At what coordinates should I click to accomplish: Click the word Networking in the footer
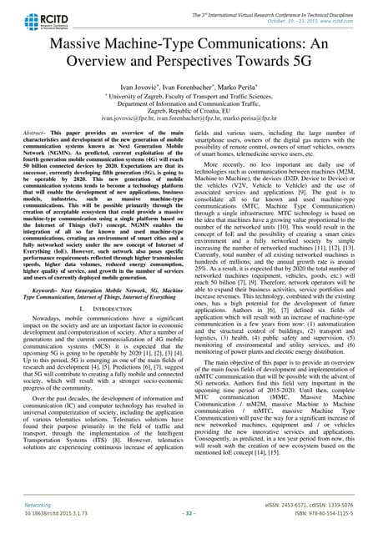[33, 505]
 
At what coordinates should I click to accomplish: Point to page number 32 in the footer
[189, 516]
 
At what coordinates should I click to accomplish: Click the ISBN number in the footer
[321, 516]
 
